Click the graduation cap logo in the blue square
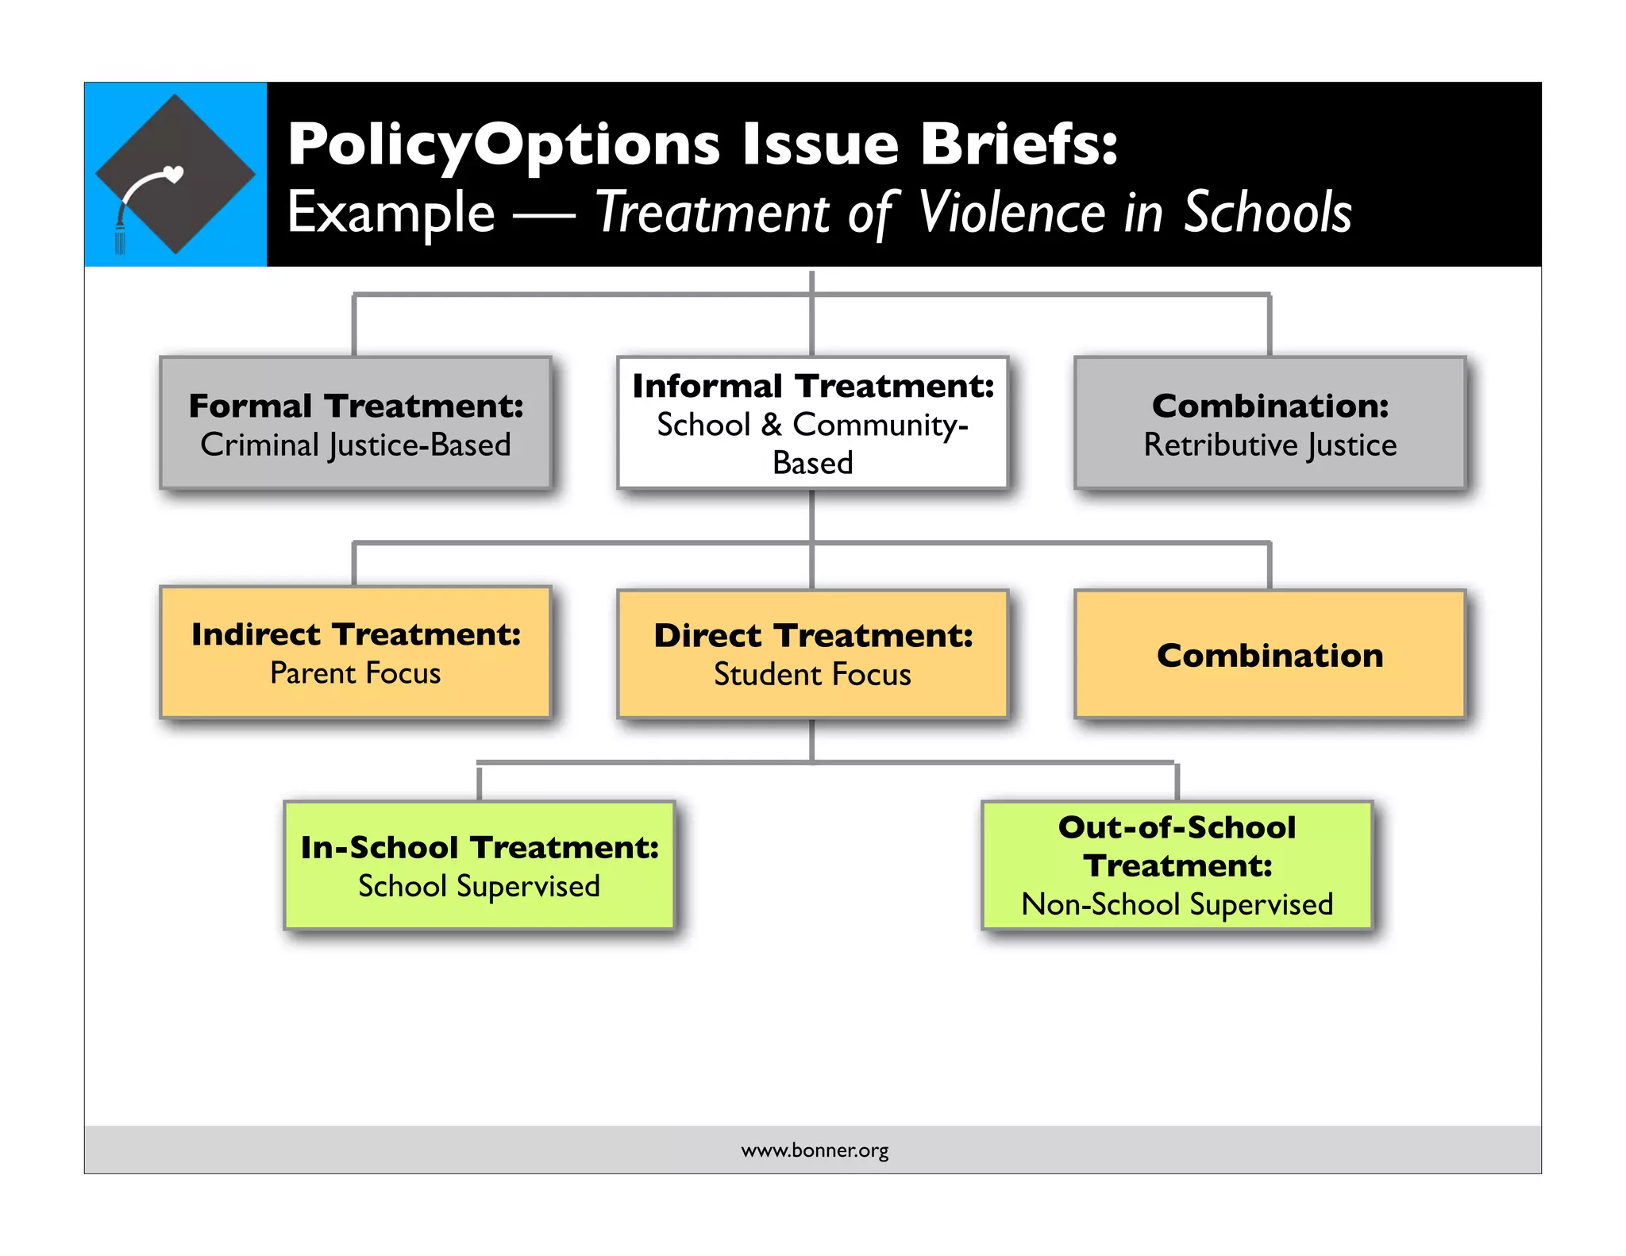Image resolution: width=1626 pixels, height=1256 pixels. coord(175,174)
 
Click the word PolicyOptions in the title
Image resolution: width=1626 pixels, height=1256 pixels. coord(503,144)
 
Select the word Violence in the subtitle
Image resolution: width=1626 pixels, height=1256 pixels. coord(1011,213)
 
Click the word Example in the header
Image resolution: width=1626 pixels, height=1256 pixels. coord(391,213)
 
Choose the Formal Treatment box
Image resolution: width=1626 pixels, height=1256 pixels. coord(356,422)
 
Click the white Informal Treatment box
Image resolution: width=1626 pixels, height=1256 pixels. coord(812,422)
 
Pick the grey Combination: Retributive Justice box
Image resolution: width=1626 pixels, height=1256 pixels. coord(1270,422)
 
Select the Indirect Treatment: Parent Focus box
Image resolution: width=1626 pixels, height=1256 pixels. coord(356,653)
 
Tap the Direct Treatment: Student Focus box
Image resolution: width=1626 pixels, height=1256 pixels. coord(812,654)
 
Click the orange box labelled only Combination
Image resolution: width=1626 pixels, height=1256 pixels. coord(1270,654)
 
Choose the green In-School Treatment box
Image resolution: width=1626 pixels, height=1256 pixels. coord(480,865)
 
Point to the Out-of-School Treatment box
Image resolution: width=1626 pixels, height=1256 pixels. coord(1177,865)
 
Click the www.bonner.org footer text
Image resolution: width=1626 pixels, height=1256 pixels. coord(815,1150)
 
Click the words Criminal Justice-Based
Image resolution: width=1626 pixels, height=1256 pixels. coord(356,445)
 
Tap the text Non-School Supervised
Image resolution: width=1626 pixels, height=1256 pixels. coord(1177,904)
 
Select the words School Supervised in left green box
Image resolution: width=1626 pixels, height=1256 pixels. coord(480,886)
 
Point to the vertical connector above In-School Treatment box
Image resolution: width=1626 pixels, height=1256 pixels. coord(480,783)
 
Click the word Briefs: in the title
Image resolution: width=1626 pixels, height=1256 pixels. coord(1019,144)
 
